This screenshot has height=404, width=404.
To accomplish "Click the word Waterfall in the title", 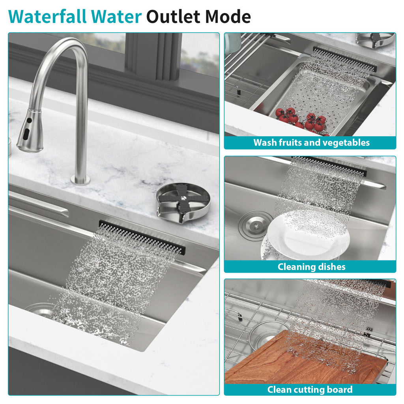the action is (47, 17).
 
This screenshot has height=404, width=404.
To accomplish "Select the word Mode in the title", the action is (228, 17).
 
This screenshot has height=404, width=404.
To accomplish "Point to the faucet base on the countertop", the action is (80, 180).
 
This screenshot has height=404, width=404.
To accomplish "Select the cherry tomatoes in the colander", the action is (302, 119).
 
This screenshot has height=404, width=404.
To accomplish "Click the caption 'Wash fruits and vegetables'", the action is (312, 142).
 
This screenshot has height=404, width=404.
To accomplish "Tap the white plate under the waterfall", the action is (307, 235).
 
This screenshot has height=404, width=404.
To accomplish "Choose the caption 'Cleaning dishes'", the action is (312, 267).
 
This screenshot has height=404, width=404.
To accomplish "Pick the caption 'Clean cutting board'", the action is (310, 389).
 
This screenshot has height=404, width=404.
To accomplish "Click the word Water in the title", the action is (116, 17).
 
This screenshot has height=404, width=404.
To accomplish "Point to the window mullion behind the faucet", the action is (153, 56).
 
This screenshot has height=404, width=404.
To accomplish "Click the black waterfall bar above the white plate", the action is (329, 166).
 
